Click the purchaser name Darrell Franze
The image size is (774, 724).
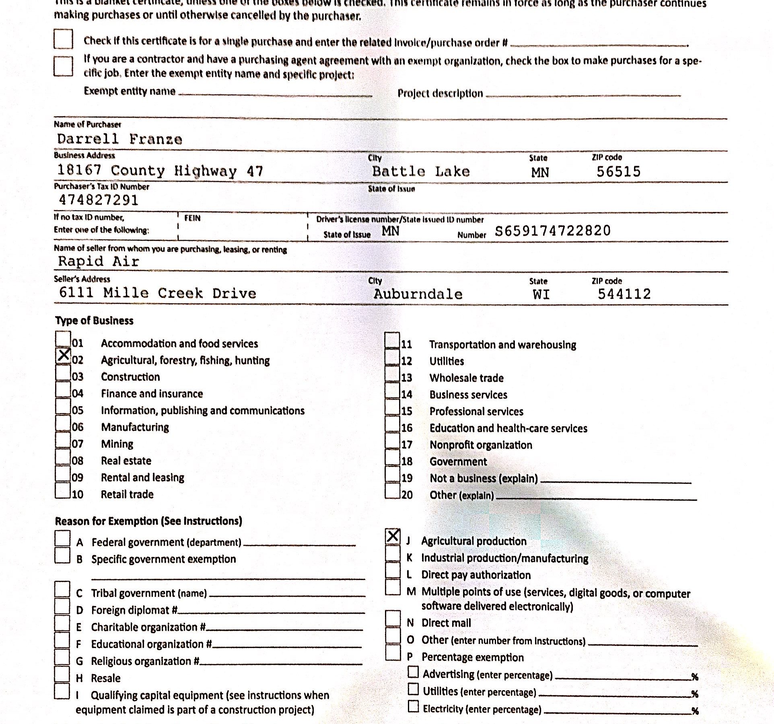[x=119, y=139]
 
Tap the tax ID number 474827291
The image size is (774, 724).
[x=99, y=200]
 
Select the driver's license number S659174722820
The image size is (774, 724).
[x=552, y=231]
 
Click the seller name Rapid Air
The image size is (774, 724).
[x=99, y=261]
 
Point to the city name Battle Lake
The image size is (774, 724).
[x=421, y=172]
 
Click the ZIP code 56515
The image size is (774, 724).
[x=618, y=172]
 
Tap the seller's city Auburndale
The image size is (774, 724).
[x=418, y=294]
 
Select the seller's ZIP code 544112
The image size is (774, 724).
[x=624, y=294]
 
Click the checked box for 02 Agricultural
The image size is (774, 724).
[x=63, y=355]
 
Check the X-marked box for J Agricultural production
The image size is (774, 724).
[x=393, y=536]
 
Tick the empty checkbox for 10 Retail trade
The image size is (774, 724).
[x=63, y=490]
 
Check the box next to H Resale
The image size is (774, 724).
[x=62, y=674]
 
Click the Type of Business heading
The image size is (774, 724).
[x=94, y=321]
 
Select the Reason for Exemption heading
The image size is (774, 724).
[x=148, y=521]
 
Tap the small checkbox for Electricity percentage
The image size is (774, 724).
[x=413, y=707]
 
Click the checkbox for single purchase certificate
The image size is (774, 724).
[x=63, y=39]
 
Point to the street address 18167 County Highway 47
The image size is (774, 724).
[x=160, y=171]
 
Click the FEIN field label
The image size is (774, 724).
[x=192, y=218]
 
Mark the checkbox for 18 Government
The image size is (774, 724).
[x=392, y=457]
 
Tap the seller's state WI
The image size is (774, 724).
[x=541, y=294]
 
